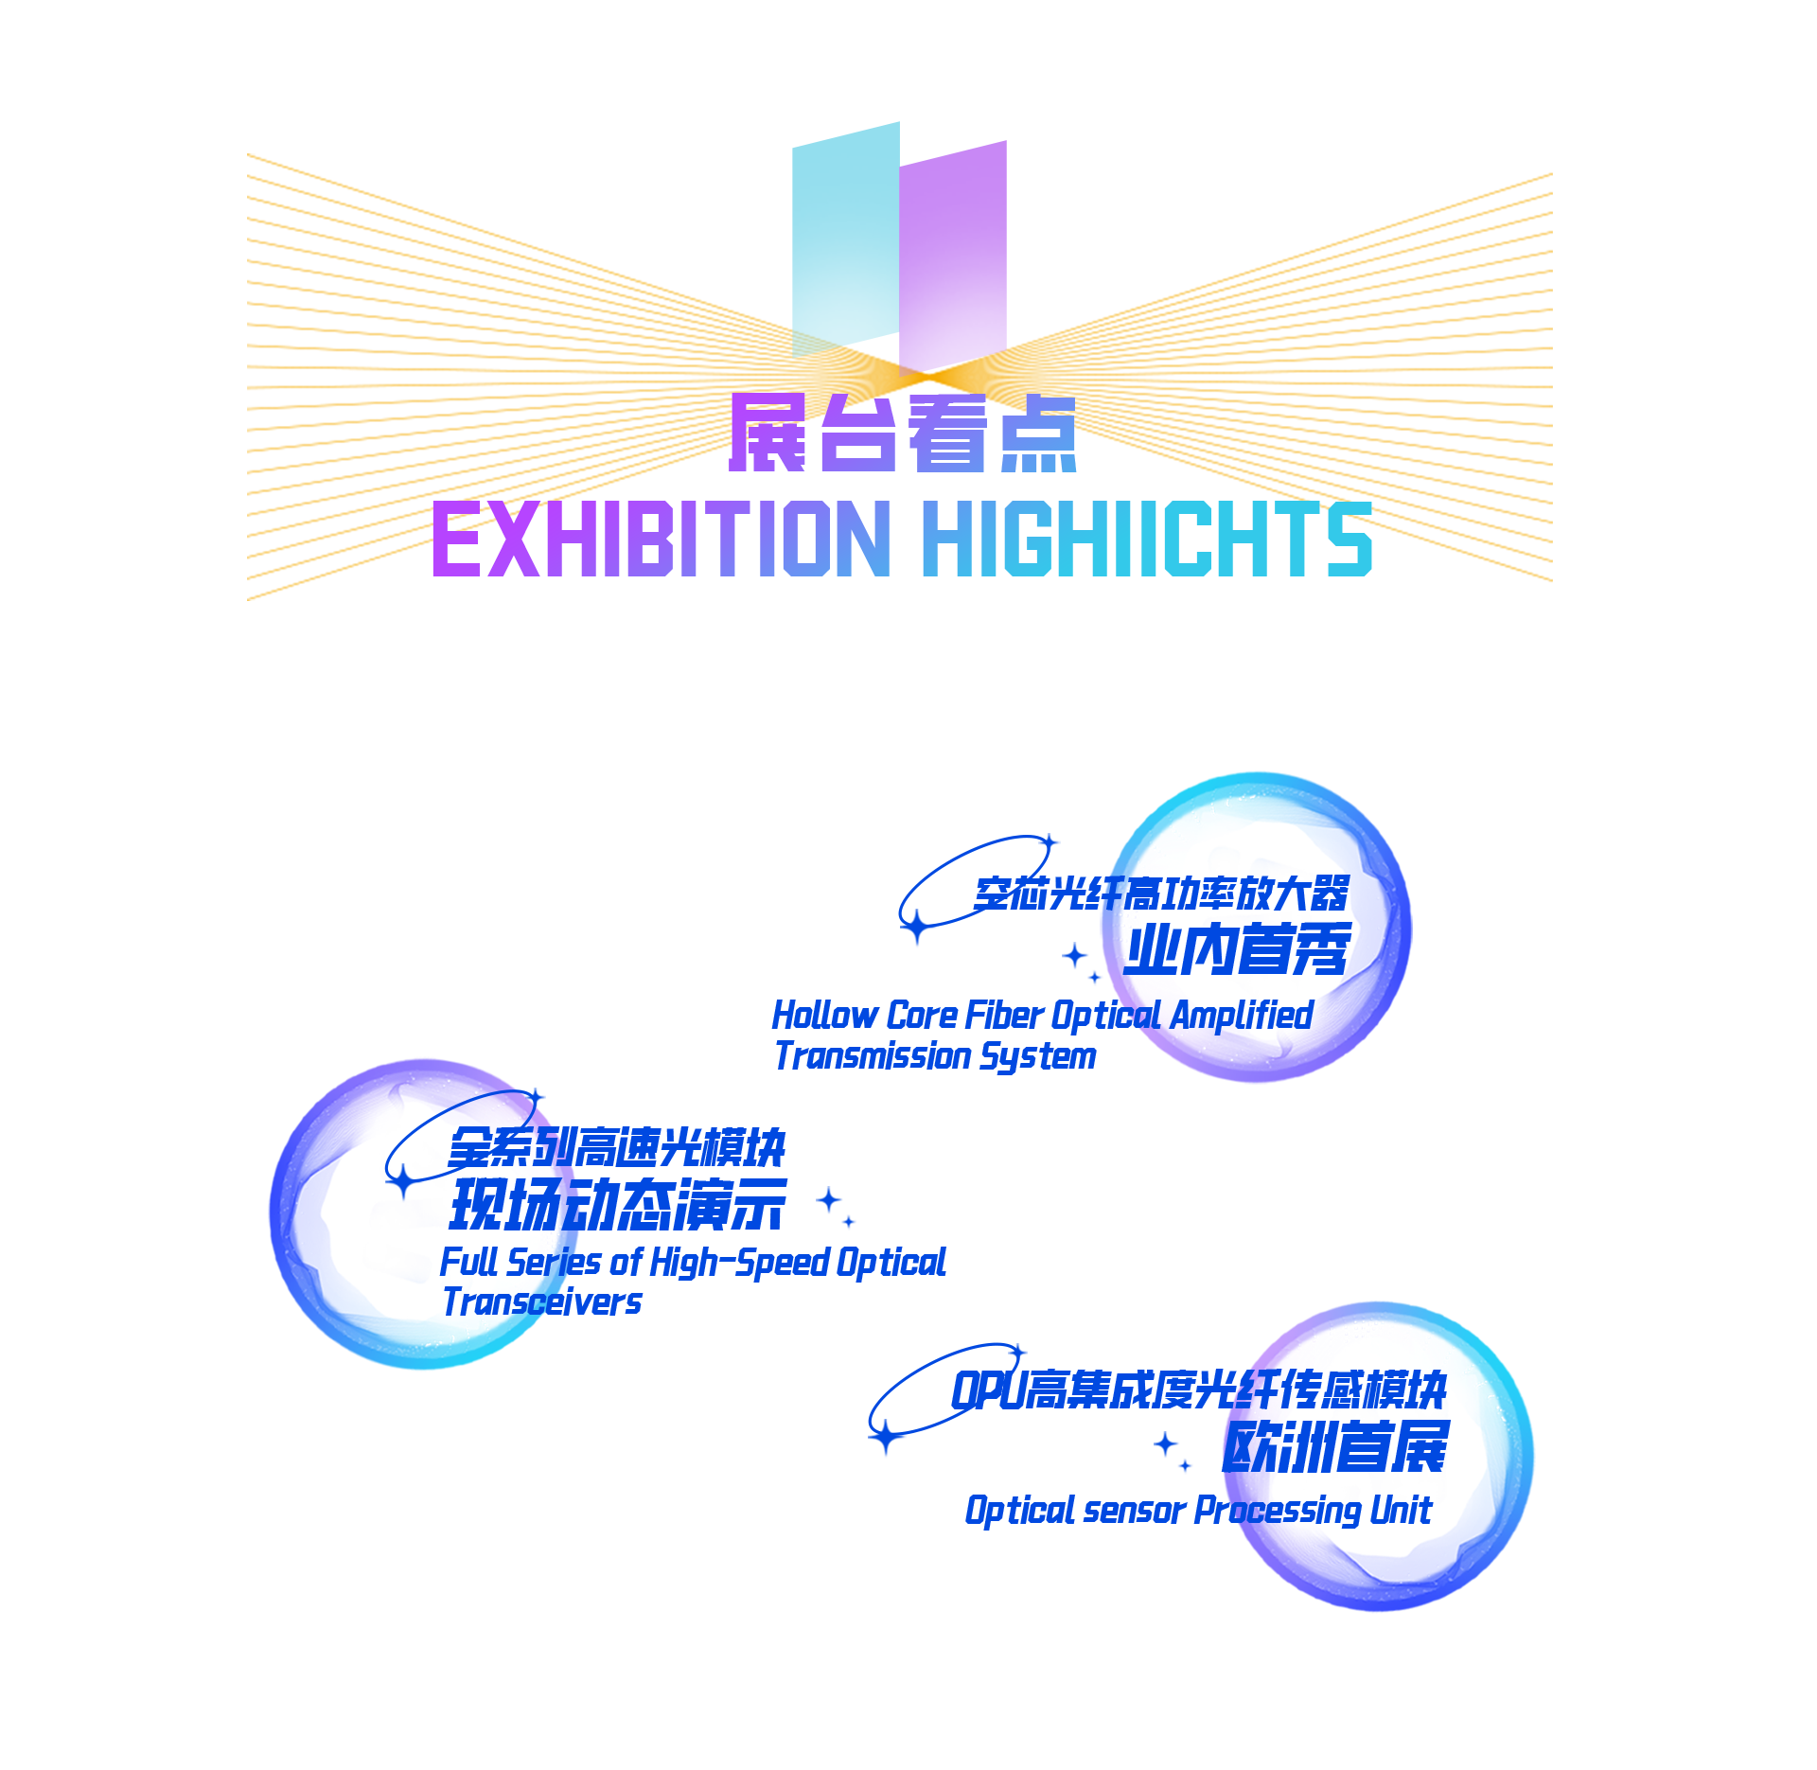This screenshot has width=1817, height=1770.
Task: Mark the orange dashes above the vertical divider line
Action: (965, 435)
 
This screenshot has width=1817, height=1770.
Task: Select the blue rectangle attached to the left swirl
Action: (757, 1202)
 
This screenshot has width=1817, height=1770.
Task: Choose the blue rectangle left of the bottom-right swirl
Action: (1041, 1434)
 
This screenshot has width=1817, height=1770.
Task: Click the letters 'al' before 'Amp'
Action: (1145, 1016)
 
